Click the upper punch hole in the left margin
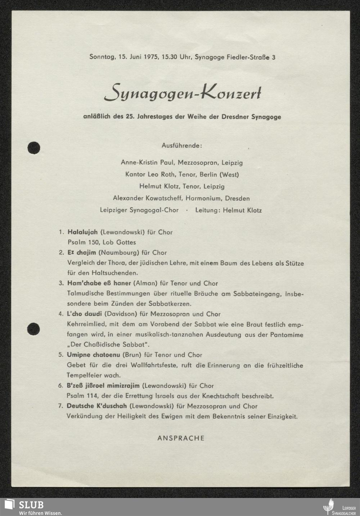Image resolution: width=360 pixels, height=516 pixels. click(33, 147)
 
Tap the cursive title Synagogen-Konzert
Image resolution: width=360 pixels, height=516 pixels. click(182, 93)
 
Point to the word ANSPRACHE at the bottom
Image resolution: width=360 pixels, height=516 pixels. click(181, 438)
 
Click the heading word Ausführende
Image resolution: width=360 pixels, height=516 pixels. click(182, 146)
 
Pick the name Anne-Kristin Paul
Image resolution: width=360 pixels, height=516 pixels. click(147, 162)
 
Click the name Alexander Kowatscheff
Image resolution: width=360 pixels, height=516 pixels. click(148, 198)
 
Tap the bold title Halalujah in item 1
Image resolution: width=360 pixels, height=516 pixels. click(82, 232)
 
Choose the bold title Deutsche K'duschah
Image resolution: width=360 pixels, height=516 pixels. click(96, 406)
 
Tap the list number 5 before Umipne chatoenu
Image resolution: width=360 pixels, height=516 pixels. click(60, 355)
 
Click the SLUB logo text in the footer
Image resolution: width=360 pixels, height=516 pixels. click(31, 504)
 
